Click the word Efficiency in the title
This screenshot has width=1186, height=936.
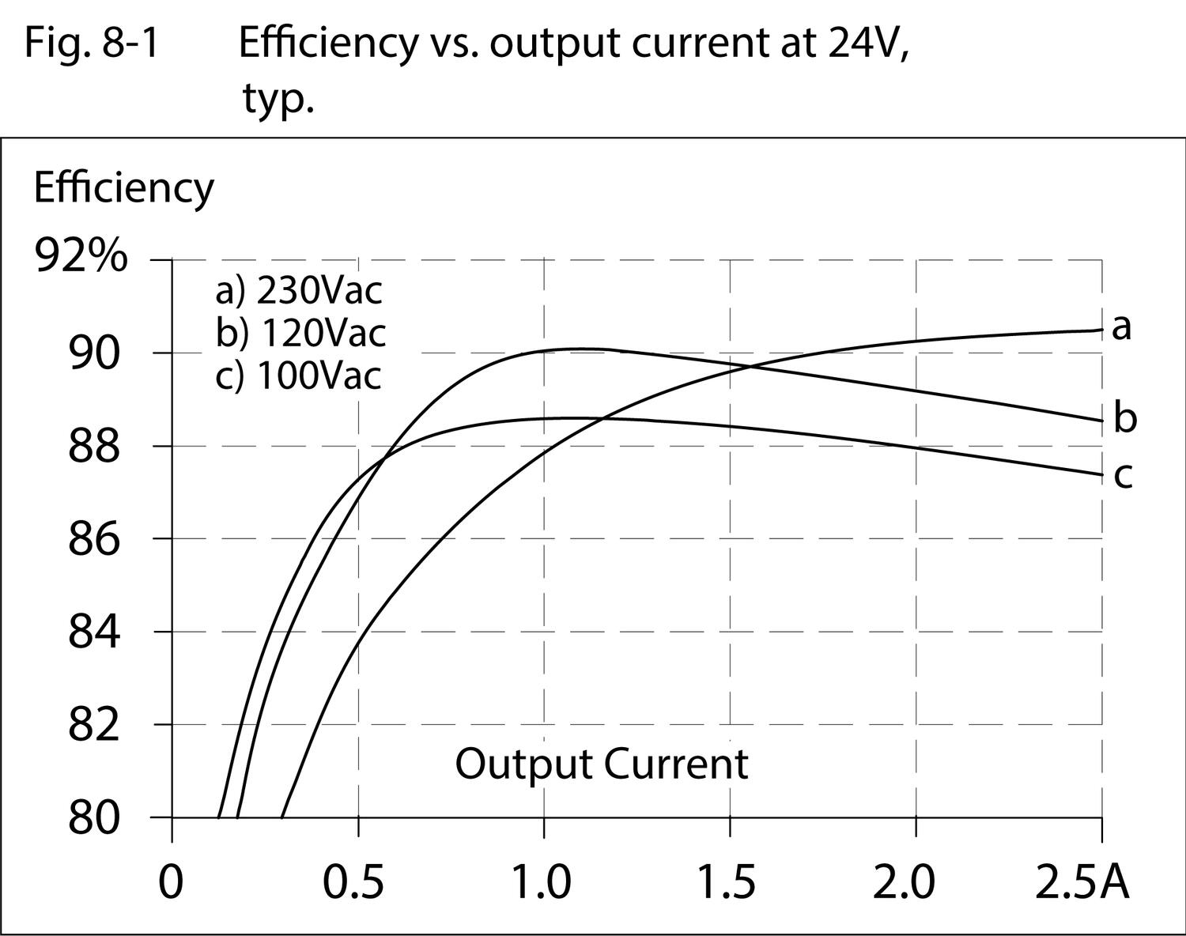click(x=327, y=43)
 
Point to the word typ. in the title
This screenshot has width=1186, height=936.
click(x=278, y=100)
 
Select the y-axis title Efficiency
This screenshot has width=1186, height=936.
click(x=123, y=188)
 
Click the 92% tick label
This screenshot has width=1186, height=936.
click(x=81, y=257)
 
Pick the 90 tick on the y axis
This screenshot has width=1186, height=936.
click(x=94, y=353)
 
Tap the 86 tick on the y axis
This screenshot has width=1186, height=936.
click(x=94, y=539)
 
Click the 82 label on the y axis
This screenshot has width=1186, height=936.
click(x=94, y=725)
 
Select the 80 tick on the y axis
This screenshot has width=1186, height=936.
click(x=94, y=818)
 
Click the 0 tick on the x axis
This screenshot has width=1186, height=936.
click(x=171, y=881)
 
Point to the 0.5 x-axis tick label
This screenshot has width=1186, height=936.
click(x=354, y=881)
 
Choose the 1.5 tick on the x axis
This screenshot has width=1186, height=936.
click(x=727, y=881)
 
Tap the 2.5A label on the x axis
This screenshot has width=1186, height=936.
click(x=1082, y=881)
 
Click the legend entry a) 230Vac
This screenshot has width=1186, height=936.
click(x=299, y=291)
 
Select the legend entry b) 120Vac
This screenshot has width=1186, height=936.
click(x=300, y=333)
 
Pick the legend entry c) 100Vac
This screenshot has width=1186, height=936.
click(x=298, y=376)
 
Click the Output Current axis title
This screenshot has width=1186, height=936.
click(x=601, y=764)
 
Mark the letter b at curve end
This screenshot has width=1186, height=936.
click(x=1125, y=417)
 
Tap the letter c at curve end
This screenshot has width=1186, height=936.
click(x=1124, y=476)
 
